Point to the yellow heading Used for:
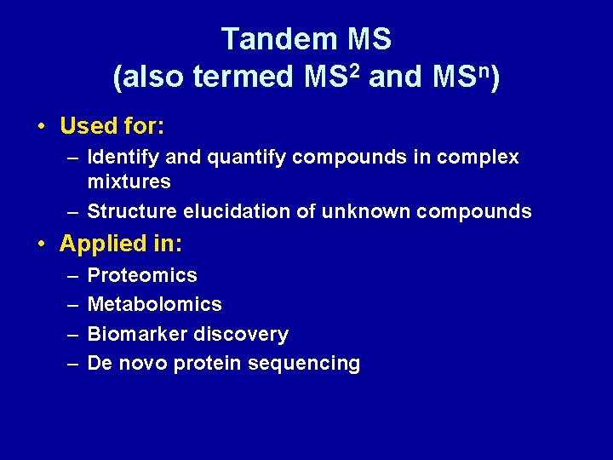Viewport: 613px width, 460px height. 112,126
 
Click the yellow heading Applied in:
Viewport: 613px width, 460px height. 121,244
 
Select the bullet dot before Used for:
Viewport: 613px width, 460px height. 42,127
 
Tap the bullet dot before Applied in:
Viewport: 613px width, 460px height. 42,244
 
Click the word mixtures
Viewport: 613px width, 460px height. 129,181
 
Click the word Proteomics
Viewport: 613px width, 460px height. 142,275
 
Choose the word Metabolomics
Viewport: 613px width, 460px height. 154,304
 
